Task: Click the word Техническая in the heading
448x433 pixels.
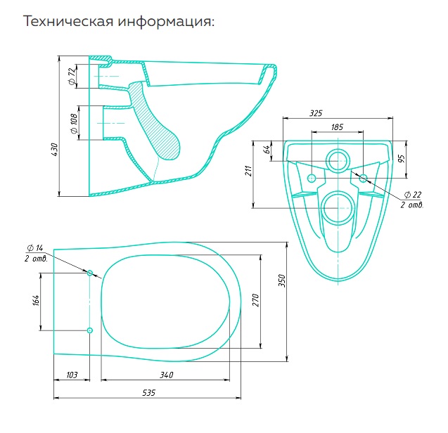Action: [68, 22]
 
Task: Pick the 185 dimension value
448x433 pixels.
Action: [336, 127]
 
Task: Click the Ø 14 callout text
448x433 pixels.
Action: [34, 249]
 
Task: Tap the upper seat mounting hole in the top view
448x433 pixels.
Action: [89, 273]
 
